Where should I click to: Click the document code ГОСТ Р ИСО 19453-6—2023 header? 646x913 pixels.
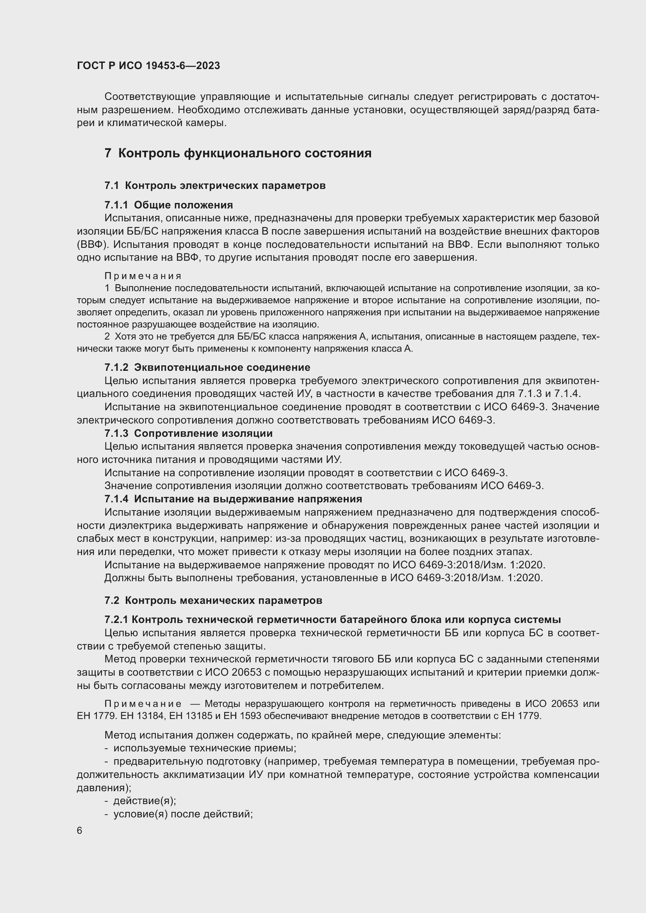point(148,66)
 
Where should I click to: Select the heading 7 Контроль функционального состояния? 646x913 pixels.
point(238,153)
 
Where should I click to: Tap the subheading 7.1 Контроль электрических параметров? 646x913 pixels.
point(215,185)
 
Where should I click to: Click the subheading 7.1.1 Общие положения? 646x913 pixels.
point(169,205)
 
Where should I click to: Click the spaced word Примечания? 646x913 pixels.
point(143,276)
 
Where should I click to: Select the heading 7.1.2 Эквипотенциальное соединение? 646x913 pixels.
point(207,367)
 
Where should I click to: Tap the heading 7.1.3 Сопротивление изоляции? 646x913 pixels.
point(189,433)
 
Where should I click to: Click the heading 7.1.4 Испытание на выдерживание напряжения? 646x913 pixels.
point(233,498)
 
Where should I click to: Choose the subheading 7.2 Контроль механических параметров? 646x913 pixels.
point(213,600)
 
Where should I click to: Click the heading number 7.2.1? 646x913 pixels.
point(116,619)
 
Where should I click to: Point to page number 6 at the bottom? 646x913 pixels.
point(80,831)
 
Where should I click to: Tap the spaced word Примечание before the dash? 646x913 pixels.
point(143,704)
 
